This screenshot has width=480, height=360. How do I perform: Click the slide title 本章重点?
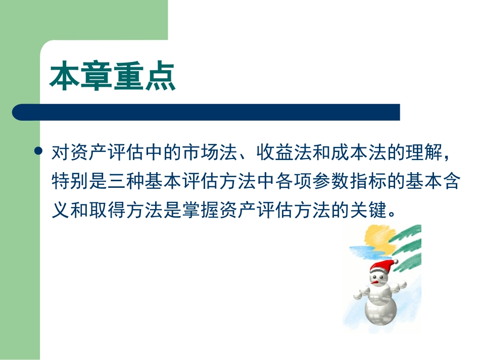(113, 77)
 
